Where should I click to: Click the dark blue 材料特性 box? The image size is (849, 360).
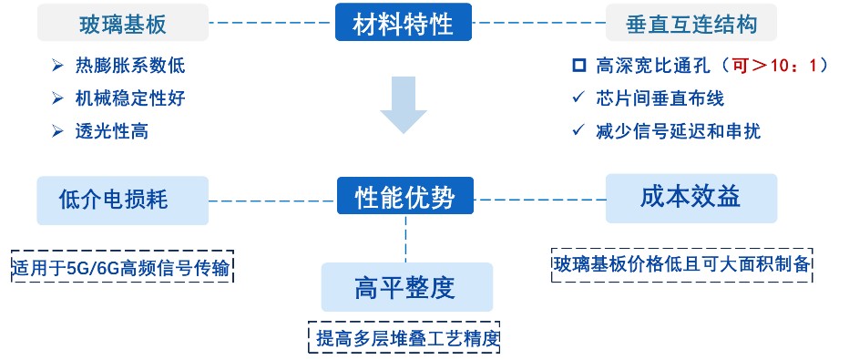point(404,24)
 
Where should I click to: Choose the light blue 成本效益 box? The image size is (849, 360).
point(690,198)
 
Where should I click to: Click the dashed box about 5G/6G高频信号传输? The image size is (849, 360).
point(122,266)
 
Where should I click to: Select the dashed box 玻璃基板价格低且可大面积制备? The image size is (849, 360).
point(681,264)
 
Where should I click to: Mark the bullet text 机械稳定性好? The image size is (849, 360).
point(136,98)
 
